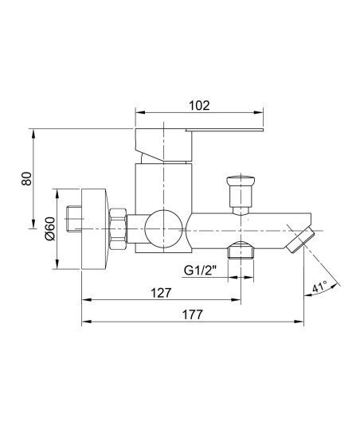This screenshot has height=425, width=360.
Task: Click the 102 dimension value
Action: (199, 105)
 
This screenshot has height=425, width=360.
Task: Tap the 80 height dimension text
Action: (26, 178)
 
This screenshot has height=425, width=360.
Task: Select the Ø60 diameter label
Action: (50, 228)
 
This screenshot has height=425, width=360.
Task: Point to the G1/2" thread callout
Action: (200, 271)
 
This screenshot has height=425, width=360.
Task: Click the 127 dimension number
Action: (162, 293)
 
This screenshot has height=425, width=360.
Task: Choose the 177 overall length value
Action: (192, 314)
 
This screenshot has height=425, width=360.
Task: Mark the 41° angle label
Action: (320, 287)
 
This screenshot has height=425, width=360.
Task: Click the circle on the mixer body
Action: (163, 228)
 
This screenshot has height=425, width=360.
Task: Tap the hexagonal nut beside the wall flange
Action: (119, 228)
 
